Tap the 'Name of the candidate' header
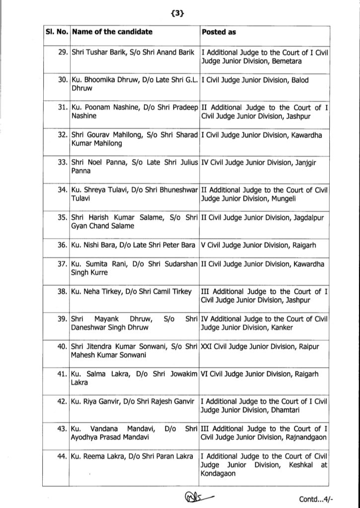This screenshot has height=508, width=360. coord(112,32)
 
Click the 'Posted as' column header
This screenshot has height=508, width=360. coord(219,32)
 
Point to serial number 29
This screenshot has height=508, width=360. coord(63,52)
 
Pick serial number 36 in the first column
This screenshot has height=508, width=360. coord(63,245)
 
